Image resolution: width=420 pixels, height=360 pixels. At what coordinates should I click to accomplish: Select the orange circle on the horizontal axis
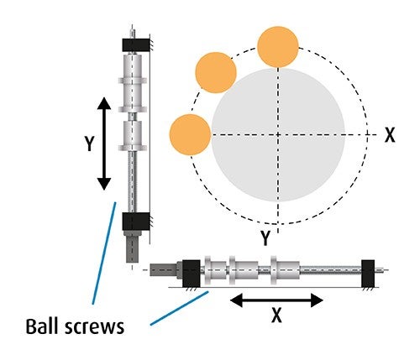point(190,134)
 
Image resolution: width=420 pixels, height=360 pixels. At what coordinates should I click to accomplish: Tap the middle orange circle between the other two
point(215,71)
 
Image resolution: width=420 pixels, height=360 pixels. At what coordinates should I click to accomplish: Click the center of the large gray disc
point(278,135)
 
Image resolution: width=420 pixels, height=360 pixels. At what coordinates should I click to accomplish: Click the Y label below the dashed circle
point(265,238)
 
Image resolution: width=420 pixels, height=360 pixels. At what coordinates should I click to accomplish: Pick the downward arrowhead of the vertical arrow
point(102,182)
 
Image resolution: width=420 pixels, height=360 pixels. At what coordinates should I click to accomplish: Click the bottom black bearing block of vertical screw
point(135,221)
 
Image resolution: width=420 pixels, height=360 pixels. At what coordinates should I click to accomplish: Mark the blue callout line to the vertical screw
point(102,252)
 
